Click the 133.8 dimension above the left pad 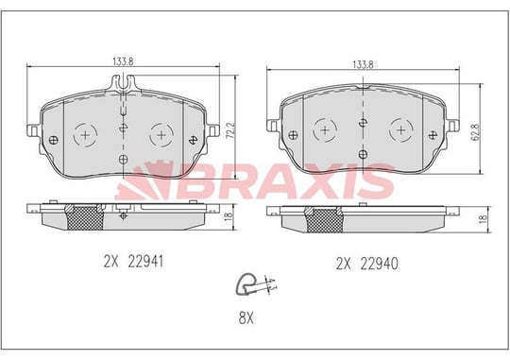click(123, 61)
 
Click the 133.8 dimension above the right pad click(363, 65)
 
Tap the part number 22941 click(145, 262)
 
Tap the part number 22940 click(380, 264)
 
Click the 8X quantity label click(246, 318)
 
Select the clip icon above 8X click(256, 284)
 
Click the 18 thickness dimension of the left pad click(229, 215)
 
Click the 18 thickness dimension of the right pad click(484, 219)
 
